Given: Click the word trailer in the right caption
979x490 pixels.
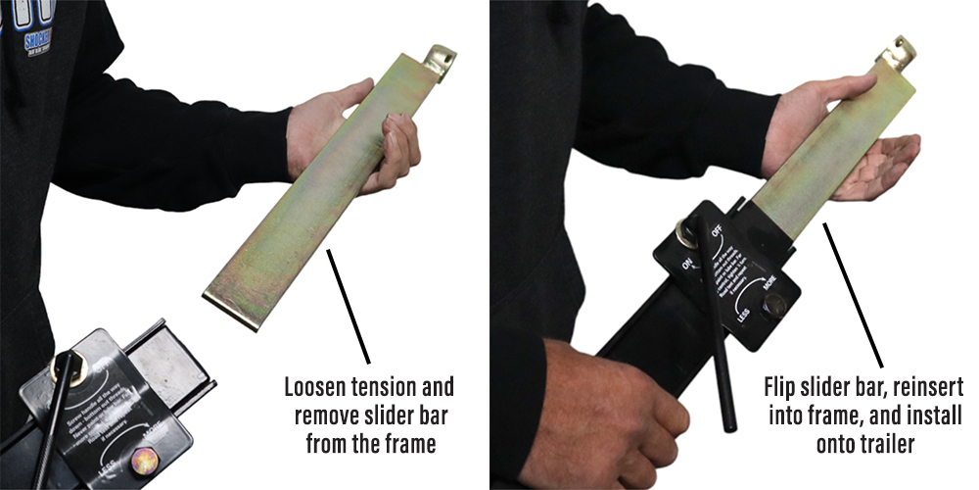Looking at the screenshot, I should coord(885,444).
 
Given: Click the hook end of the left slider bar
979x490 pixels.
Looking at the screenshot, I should coord(442,60).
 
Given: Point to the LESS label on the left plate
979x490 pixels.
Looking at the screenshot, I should coord(109,454).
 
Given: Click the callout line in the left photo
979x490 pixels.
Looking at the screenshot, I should coord(349,305).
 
